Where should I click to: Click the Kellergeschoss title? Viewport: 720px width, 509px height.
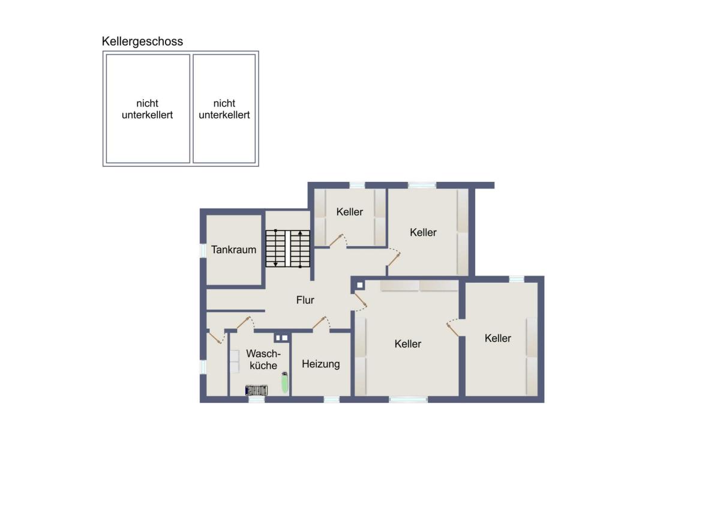(x=142, y=41)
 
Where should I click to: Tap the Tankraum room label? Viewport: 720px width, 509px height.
(x=233, y=250)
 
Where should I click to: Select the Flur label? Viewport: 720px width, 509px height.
(x=305, y=300)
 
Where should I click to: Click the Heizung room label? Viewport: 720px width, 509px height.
(x=321, y=364)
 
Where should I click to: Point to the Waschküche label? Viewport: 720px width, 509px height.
(x=263, y=360)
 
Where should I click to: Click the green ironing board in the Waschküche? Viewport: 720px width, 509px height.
(x=284, y=382)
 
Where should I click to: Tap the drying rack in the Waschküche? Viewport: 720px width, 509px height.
(x=257, y=390)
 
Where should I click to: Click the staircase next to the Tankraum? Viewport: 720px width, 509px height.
(x=287, y=248)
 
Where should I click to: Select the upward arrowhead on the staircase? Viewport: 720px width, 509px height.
(x=300, y=233)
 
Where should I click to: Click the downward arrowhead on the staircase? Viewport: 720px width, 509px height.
(x=275, y=264)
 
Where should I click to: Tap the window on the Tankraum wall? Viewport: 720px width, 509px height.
(x=203, y=251)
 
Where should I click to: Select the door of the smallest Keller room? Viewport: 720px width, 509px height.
(x=336, y=240)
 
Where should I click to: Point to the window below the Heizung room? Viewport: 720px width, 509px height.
(x=331, y=399)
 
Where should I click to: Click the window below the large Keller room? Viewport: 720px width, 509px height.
(x=408, y=399)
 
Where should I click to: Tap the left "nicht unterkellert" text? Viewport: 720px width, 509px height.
(x=148, y=109)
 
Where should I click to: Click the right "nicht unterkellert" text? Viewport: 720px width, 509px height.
(x=224, y=109)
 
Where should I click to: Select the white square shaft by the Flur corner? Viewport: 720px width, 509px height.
(x=360, y=285)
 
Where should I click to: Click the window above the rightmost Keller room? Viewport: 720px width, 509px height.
(x=517, y=279)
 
